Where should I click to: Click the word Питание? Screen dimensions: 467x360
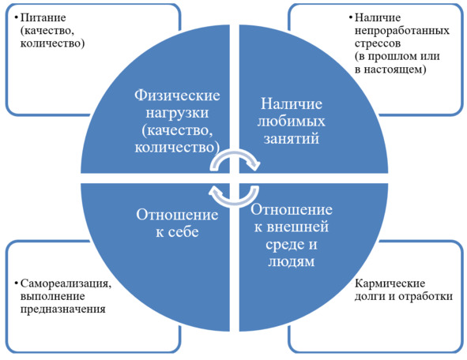coord(43,18)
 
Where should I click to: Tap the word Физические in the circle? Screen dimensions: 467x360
coord(177,96)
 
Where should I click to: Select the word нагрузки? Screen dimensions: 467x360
coord(177,113)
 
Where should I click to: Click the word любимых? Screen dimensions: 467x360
coord(291,121)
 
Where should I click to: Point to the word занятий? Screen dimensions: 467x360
coord(292,139)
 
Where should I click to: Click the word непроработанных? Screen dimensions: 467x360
coord(401,31)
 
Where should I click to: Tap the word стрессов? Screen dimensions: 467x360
coord(378,43)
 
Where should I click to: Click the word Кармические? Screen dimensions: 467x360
coord(390,283)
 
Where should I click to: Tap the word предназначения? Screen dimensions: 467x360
coord(63,309)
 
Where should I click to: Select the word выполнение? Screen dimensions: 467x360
coord(52,296)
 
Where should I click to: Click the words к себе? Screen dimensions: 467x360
coord(177,232)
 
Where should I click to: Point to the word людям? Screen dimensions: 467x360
coord(291,262)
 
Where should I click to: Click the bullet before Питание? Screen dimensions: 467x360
coord(16,17)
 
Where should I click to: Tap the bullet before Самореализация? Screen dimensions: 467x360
coord(16,283)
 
